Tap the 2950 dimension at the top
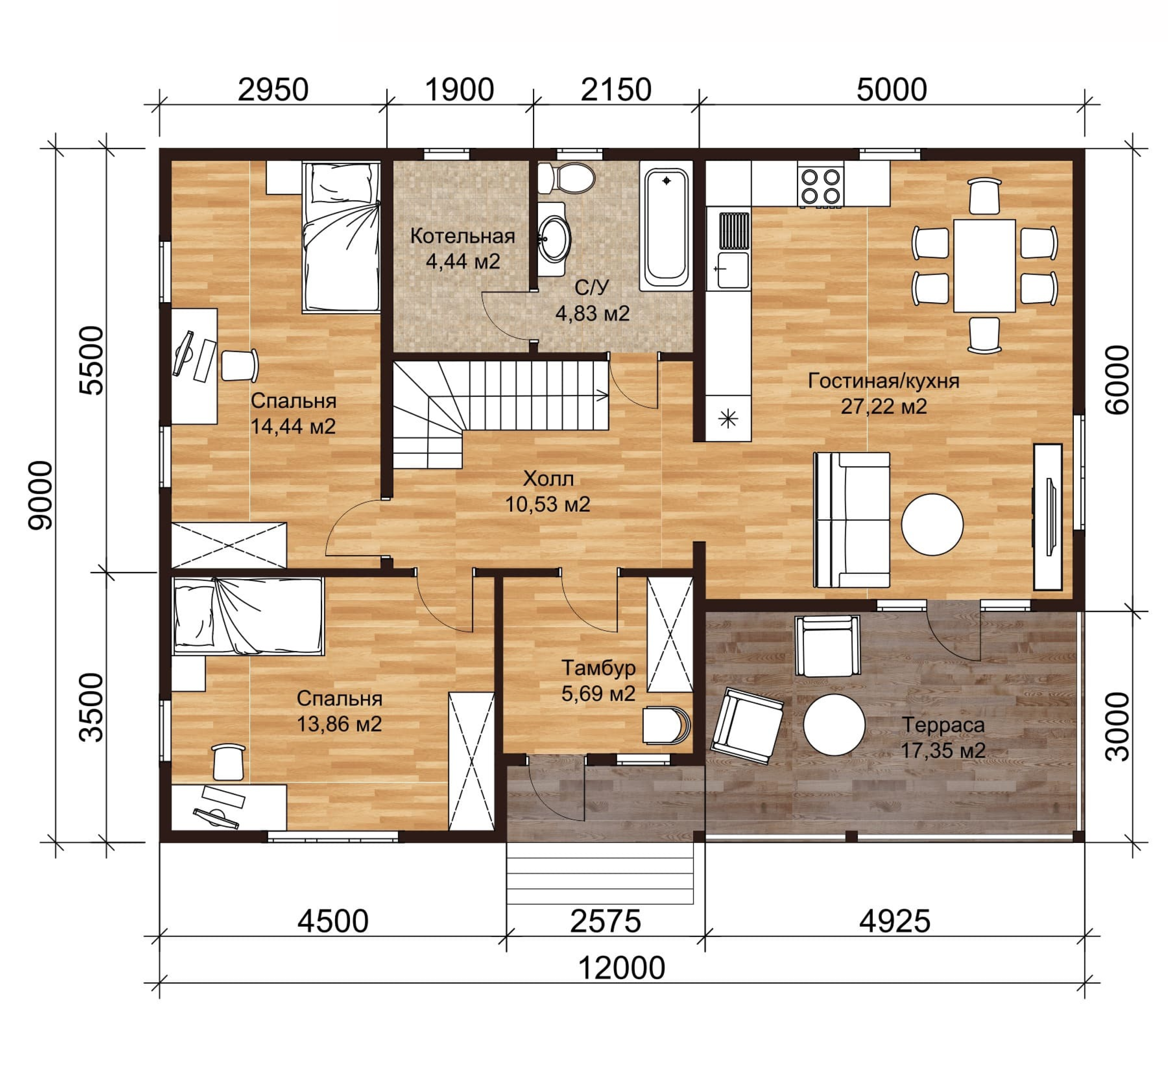pos(273,90)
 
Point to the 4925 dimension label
pos(895,921)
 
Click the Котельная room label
pos(463,236)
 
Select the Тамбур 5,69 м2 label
pos(598,681)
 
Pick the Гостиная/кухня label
pos(883,381)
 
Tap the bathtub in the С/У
pos(666,226)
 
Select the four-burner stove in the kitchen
pos(821,186)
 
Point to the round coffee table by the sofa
pos(932,524)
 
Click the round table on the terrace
pos(834,725)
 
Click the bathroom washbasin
pos(553,239)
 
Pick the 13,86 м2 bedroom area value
pos(339,724)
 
